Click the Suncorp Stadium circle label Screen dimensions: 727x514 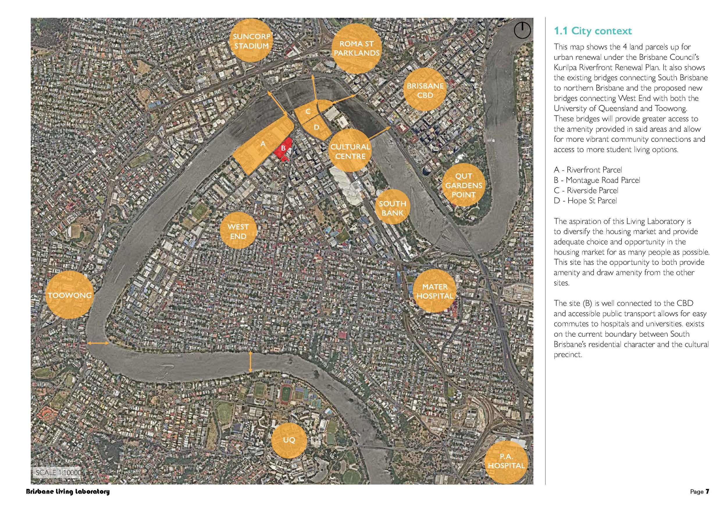[x=252, y=40]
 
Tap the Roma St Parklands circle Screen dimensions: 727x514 [x=357, y=49]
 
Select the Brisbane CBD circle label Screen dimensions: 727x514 [x=425, y=90]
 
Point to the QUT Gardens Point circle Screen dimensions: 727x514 [x=464, y=185]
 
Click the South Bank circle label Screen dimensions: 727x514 [x=393, y=208]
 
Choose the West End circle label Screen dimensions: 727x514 [x=238, y=231]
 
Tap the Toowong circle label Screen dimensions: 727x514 [x=70, y=295]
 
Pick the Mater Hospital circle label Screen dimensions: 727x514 [x=435, y=291]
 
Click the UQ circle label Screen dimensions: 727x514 [x=289, y=440]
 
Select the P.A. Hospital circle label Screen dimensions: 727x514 [x=506, y=461]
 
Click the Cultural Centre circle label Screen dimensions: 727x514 [x=350, y=151]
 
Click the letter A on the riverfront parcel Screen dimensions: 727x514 [x=263, y=144]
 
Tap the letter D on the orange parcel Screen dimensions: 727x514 [x=316, y=127]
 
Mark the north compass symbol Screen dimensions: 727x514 [x=522, y=31]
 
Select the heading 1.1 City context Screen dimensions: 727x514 [x=593, y=31]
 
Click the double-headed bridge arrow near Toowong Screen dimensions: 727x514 [x=98, y=343]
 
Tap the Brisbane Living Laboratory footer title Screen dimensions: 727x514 [x=68, y=492]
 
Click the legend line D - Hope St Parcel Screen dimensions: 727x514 [x=585, y=201]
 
